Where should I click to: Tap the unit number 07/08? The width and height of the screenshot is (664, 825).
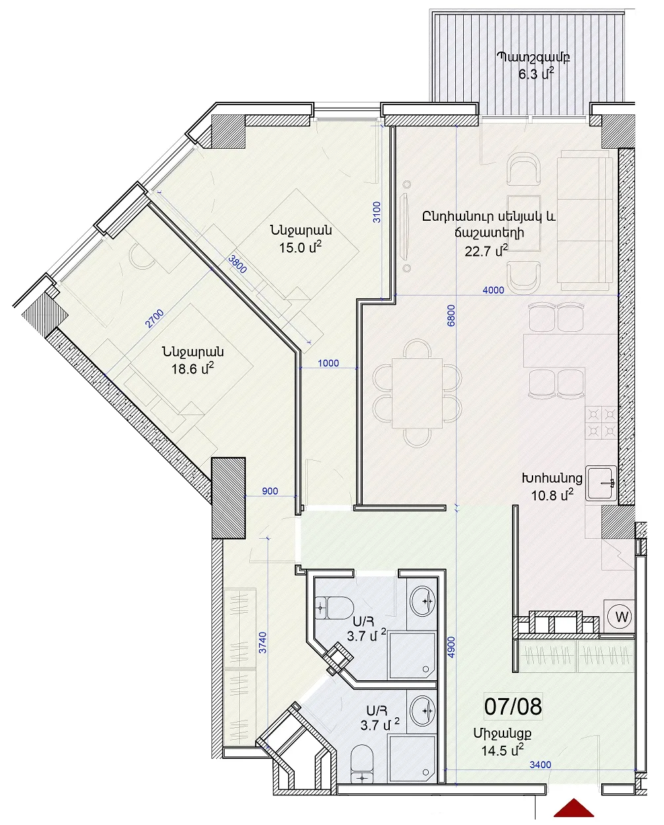513,706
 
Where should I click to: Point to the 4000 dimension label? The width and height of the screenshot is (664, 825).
493,290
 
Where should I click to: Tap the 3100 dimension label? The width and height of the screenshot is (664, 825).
377,212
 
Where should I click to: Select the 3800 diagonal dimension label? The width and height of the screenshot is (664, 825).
237,264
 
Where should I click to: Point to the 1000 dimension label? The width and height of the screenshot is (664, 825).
328,363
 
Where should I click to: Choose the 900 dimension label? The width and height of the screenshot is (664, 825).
270,491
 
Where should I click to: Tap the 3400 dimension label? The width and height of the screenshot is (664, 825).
540,765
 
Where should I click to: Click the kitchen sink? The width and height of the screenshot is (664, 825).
601,483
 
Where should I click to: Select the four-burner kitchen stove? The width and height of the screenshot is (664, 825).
601,422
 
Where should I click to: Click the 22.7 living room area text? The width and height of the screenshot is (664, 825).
486,251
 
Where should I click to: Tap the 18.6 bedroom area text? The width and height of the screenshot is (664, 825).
192,368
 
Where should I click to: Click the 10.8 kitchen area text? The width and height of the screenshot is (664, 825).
552,495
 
